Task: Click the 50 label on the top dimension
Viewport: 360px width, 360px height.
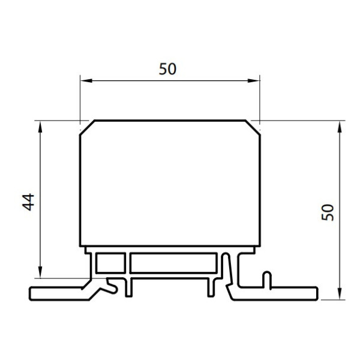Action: point(168,69)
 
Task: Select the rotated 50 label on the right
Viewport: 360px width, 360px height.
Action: point(328,212)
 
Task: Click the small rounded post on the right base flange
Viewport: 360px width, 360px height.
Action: point(268,280)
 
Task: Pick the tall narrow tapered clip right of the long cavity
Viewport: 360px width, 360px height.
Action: point(226,271)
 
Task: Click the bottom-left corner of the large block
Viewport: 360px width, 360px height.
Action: point(80,246)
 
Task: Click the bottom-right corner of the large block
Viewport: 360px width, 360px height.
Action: point(259,246)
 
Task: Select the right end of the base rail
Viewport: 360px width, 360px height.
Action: point(316,293)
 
